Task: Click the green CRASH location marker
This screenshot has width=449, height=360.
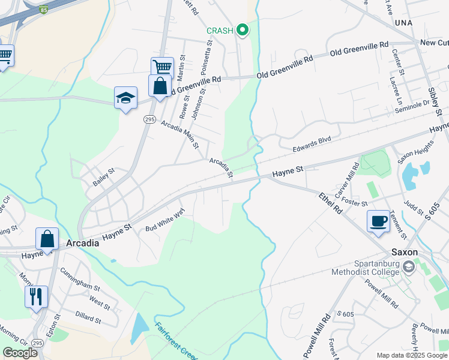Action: [x=243, y=29]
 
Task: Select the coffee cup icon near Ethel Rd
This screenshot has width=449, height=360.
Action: [x=378, y=221]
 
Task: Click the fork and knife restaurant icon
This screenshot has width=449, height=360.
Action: [x=35, y=296]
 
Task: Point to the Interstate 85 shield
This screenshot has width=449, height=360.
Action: [x=43, y=9]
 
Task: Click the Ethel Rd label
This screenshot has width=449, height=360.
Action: [x=330, y=203]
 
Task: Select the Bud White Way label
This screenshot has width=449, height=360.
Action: [x=164, y=220]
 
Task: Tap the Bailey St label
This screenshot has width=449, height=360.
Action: [x=103, y=177]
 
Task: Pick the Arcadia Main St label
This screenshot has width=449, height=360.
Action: [x=179, y=133]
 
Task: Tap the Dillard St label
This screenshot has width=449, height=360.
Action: [x=88, y=316]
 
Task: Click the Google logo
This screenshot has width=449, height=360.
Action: [x=20, y=353]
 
